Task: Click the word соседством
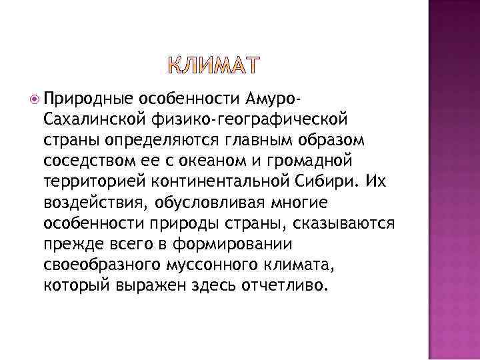click(85, 164)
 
